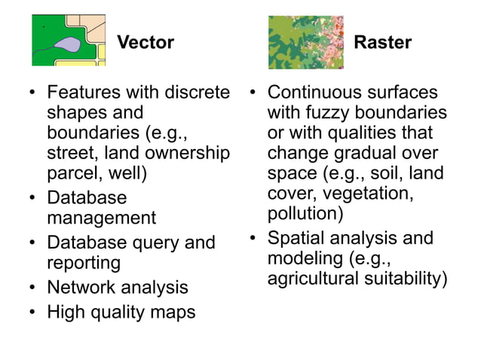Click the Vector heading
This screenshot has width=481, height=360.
[x=146, y=42]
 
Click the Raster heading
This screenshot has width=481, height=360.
[x=382, y=42]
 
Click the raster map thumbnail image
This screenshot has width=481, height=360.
[x=305, y=42]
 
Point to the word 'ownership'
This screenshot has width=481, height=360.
[x=191, y=154]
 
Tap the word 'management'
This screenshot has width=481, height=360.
[x=101, y=218]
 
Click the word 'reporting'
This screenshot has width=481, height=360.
[x=84, y=263]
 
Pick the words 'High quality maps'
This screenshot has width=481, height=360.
[x=121, y=311]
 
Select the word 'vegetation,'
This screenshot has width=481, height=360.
[x=370, y=194]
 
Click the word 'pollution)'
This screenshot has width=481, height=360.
[x=305, y=214]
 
